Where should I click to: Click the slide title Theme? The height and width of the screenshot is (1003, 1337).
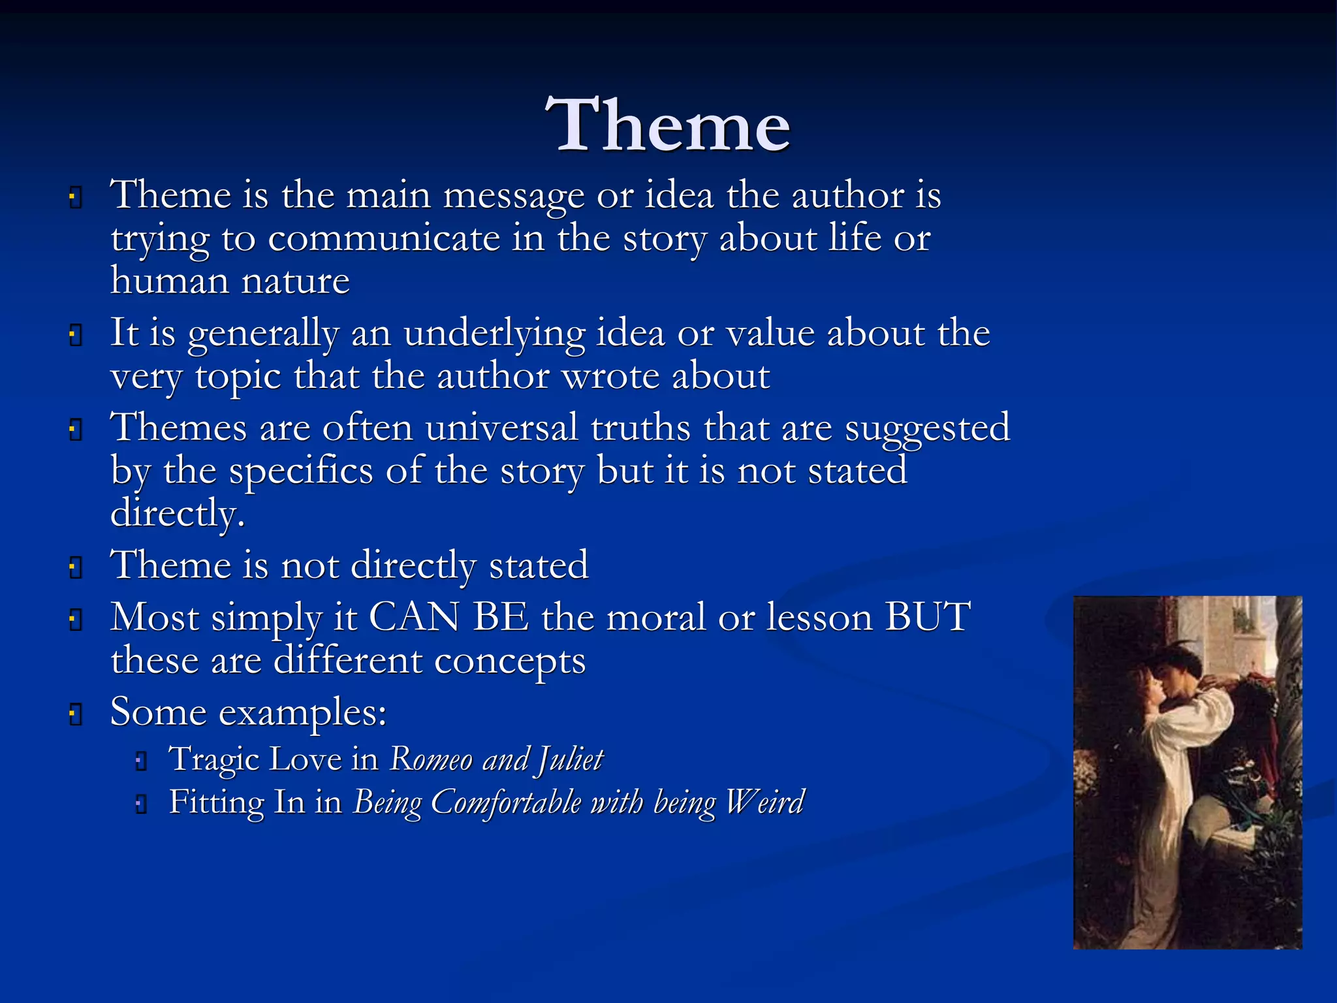pyautogui.click(x=668, y=125)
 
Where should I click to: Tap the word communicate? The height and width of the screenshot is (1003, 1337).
pyautogui.click(x=384, y=239)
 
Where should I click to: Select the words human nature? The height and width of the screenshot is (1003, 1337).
pyautogui.click(x=230, y=281)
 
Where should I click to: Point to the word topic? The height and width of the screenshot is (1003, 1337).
pyautogui.click(x=238, y=377)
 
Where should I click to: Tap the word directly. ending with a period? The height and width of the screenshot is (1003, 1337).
pyautogui.click(x=178, y=514)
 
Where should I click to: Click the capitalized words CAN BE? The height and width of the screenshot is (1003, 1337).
pyautogui.click(x=449, y=617)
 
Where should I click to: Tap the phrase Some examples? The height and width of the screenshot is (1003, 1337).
pyautogui.click(x=248, y=712)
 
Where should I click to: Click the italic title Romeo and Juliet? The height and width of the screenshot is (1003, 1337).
pyautogui.click(x=496, y=759)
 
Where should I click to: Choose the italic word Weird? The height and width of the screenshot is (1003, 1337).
pyautogui.click(x=764, y=803)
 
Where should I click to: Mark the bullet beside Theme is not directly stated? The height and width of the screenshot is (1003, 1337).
pyautogui.click(x=76, y=567)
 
